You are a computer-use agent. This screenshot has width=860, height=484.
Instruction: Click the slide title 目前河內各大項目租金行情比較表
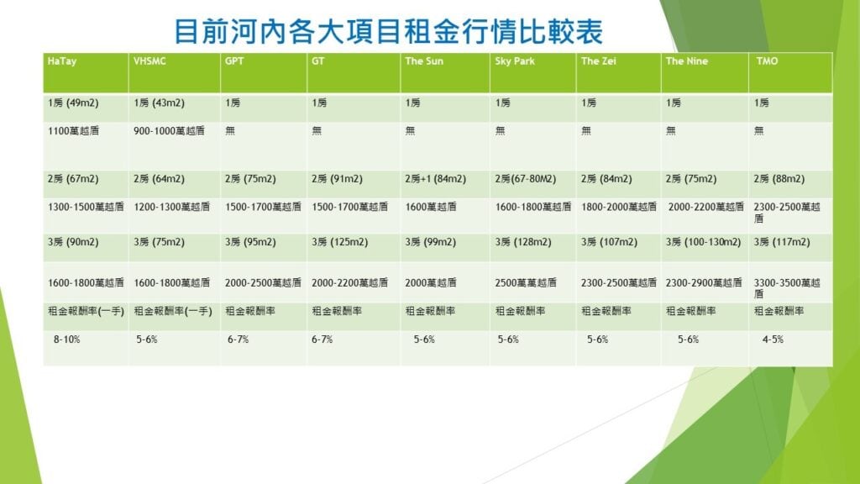coord(388,31)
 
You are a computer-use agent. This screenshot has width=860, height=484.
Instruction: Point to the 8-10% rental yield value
coord(67,339)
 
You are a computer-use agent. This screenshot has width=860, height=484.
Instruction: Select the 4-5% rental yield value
coord(773,339)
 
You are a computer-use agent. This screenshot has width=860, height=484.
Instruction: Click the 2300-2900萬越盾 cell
coord(704,282)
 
